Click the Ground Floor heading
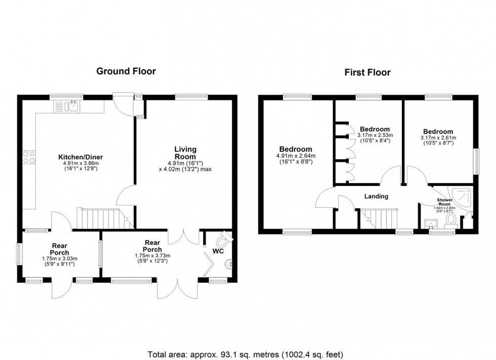(126, 71)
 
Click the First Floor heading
(367, 72)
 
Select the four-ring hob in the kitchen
(29, 158)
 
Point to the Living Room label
(185, 153)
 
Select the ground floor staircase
(100, 218)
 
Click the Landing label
(377, 196)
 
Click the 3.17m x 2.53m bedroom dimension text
(375, 135)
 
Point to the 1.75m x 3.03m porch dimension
(59, 258)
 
